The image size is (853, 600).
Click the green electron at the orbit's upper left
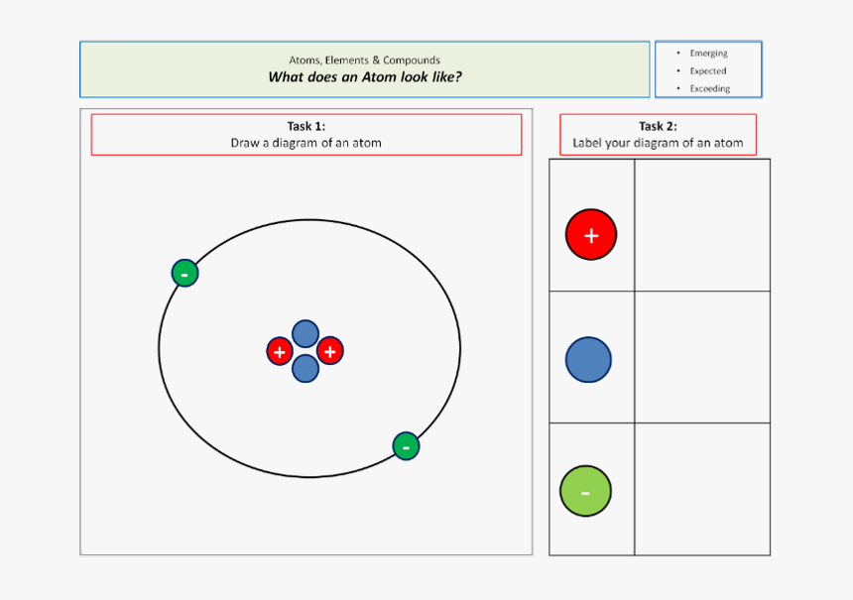coord(184,273)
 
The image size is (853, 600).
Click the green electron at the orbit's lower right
coord(406,446)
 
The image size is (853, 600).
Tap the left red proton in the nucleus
coord(280,351)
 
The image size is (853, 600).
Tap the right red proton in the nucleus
coord(330,351)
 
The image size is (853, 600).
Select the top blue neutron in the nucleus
coord(305,334)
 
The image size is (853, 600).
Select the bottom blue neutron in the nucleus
coord(305,369)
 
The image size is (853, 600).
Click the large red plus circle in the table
coord(591,235)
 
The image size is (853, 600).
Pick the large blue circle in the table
coord(588,359)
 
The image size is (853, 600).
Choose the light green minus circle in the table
coord(585,491)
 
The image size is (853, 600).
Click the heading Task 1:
coord(305,126)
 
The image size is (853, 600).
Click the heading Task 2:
coord(658,126)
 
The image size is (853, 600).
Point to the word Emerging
coord(708,54)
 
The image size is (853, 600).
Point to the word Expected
coord(708,71)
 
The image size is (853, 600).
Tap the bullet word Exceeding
coord(709,89)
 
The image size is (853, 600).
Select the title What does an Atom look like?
coord(364,77)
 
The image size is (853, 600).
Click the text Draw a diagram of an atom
coord(305,143)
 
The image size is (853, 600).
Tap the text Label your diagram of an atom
coord(658,143)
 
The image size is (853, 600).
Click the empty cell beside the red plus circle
coord(702,225)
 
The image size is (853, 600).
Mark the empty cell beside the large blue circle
coord(702,357)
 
